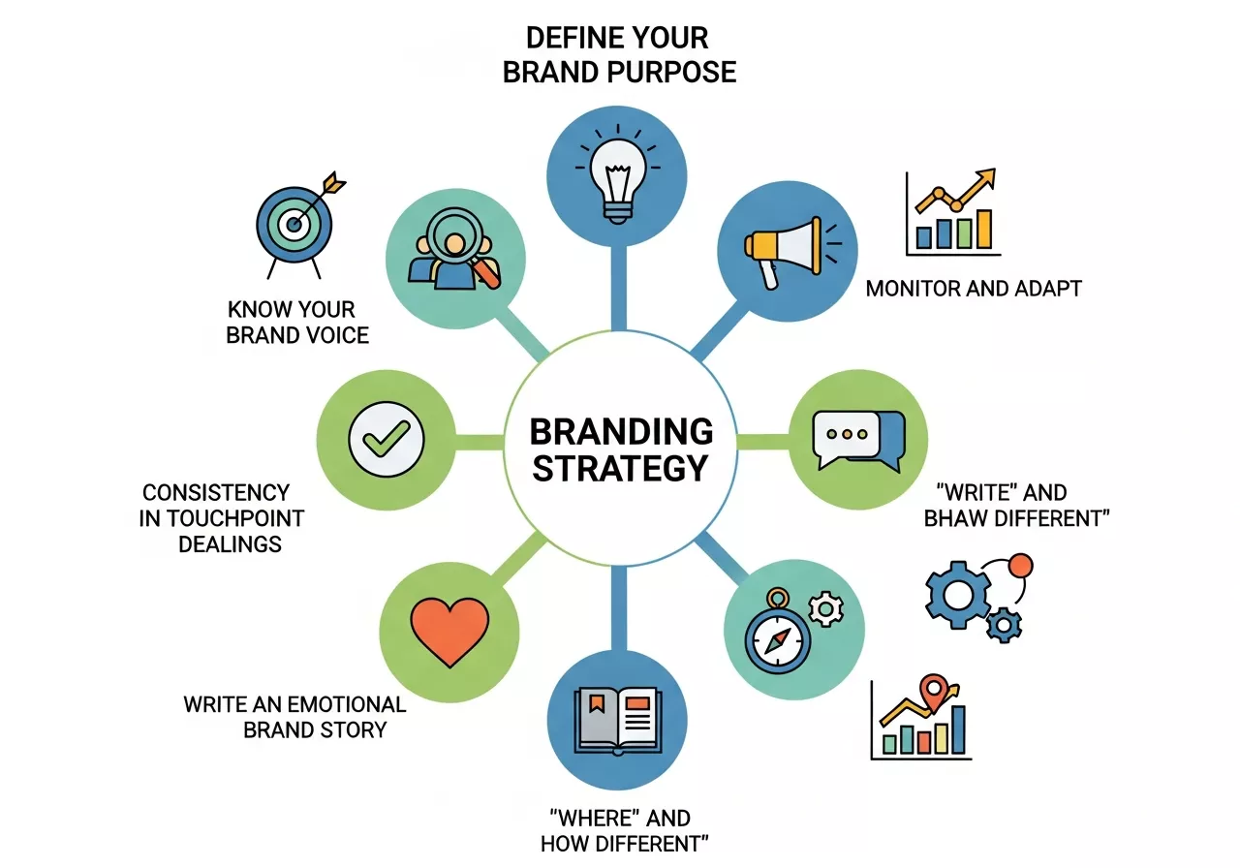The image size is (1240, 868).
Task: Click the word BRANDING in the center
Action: [x=621, y=430]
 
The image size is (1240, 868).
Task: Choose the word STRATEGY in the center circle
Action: [x=621, y=468]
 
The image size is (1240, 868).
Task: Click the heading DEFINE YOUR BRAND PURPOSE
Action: [x=619, y=55]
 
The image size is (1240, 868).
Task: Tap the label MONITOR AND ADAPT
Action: [x=974, y=288]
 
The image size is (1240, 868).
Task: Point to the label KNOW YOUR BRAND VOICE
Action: [x=296, y=323]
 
